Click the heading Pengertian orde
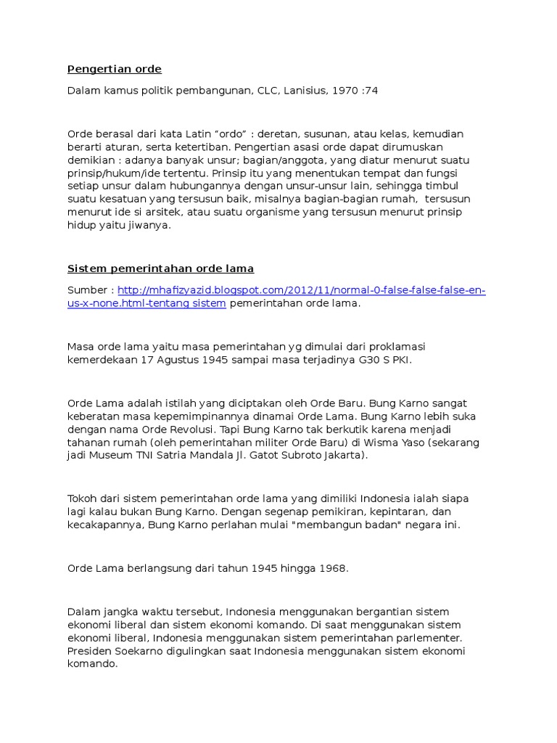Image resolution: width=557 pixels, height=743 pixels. click(115, 70)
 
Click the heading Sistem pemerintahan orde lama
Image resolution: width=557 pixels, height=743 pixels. click(160, 269)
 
